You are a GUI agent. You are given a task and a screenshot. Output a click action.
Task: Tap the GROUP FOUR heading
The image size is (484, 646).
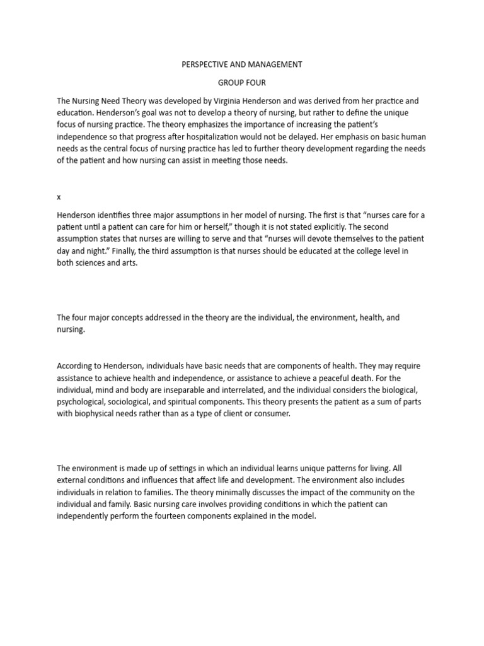(242, 83)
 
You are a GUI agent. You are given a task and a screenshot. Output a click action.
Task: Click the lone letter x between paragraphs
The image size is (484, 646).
(59, 197)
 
